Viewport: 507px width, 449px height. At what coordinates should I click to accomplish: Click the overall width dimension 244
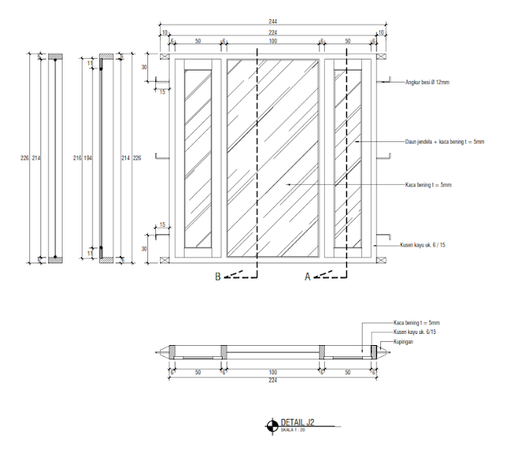tap(273, 21)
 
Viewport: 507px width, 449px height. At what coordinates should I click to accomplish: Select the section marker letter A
tap(307, 277)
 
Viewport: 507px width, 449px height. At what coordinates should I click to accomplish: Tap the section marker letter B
tap(218, 277)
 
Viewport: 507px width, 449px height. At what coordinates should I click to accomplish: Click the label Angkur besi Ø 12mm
tap(428, 82)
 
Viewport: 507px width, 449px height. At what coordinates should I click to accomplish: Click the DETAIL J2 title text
tap(299, 422)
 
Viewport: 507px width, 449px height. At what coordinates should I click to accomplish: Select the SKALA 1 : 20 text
tap(294, 430)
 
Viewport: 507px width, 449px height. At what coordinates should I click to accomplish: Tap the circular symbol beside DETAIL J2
tap(272, 425)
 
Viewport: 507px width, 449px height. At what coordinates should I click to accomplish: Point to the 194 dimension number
tap(88, 159)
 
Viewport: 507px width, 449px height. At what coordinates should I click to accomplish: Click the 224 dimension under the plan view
tap(273, 380)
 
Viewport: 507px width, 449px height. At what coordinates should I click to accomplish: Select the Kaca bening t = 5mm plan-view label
tap(417, 323)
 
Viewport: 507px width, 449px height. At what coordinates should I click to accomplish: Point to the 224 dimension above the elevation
tap(273, 32)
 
